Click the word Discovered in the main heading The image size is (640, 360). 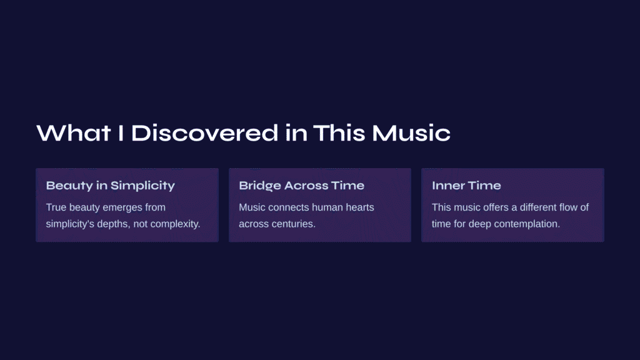coord(204,133)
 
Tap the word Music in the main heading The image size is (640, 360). coord(411,133)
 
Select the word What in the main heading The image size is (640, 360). coord(74,133)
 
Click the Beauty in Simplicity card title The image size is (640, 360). coord(110,186)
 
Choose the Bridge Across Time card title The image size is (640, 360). coord(302,186)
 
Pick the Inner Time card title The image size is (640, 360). coord(466,186)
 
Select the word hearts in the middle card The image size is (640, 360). coord(360,207)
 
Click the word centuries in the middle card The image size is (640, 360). coord(295,224)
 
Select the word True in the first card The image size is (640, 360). coord(56,207)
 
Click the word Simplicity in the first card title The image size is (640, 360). coord(142,186)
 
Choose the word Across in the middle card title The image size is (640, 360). coord(306,186)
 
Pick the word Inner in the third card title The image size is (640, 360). coord(446,186)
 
